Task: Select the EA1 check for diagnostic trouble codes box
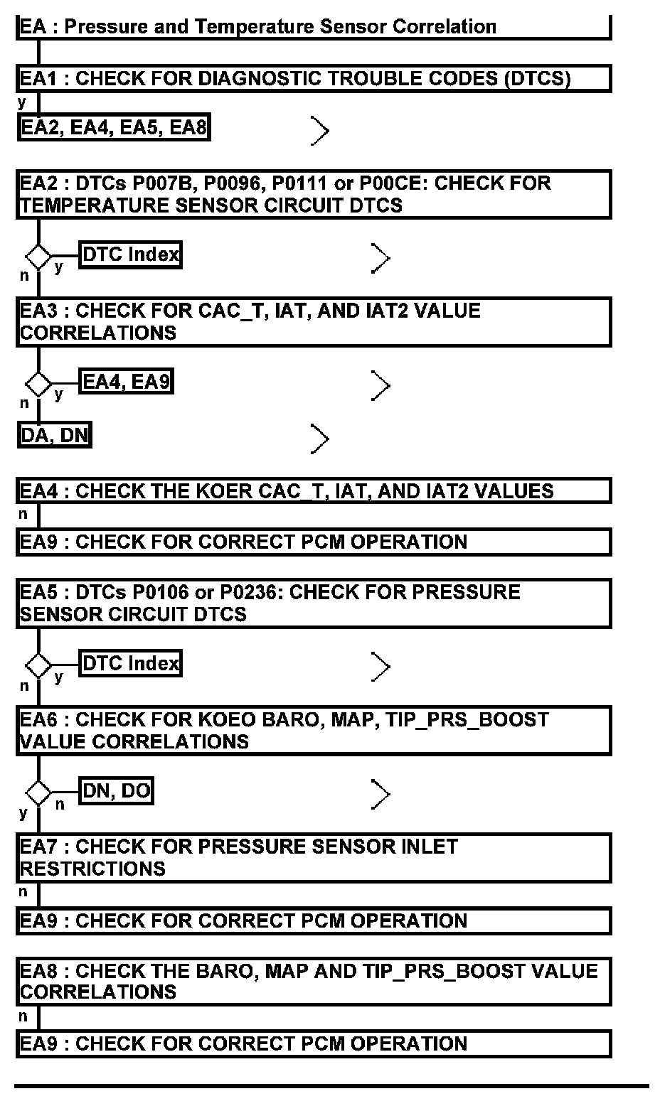[313, 78]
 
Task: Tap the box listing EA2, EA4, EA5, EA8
[114, 128]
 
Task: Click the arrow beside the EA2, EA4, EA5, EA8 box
[320, 131]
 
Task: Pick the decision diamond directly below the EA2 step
[38, 255]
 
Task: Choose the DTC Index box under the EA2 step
[131, 254]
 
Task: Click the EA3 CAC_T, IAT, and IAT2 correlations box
[313, 322]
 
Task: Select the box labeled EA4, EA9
[127, 382]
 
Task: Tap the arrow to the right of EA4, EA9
[381, 386]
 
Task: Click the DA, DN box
[55, 435]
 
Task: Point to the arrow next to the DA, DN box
[320, 439]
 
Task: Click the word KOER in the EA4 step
[220, 491]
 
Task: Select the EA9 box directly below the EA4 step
[313, 542]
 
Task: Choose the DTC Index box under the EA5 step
[131, 663]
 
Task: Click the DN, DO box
[117, 790]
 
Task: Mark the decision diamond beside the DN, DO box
[38, 792]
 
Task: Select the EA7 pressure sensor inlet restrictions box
[313, 858]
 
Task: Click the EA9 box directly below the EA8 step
[313, 1044]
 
